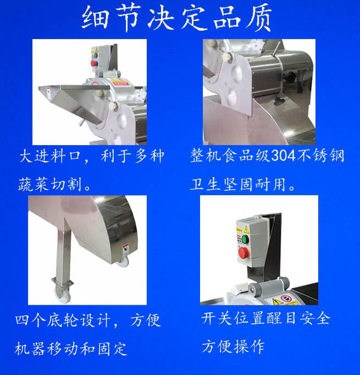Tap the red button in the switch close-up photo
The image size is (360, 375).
pos(243,252)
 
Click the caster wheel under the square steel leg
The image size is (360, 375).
pos(63,295)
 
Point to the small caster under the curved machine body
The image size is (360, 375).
pos(124,262)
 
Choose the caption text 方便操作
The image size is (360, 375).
pos(233,346)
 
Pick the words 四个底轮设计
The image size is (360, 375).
pos(63,320)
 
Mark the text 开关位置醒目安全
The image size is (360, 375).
pos(266,318)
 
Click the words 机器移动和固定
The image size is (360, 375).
pos(71,349)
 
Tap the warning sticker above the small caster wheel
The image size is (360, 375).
pos(126,250)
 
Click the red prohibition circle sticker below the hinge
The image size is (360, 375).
pos(286,299)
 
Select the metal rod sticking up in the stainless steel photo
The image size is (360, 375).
pos(276,49)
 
